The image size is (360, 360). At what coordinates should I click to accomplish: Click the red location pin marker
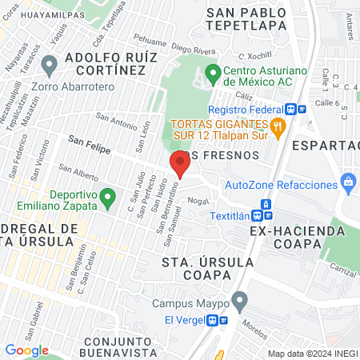pos(179,164)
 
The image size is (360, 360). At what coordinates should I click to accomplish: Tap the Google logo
pos(26,350)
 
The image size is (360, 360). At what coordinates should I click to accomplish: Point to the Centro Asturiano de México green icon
pos(213,76)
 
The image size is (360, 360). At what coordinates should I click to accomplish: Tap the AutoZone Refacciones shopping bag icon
pos(348,184)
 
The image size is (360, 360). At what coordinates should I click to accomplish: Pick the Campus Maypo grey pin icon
pos(238,302)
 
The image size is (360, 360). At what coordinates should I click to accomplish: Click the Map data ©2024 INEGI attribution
pos(312,353)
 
